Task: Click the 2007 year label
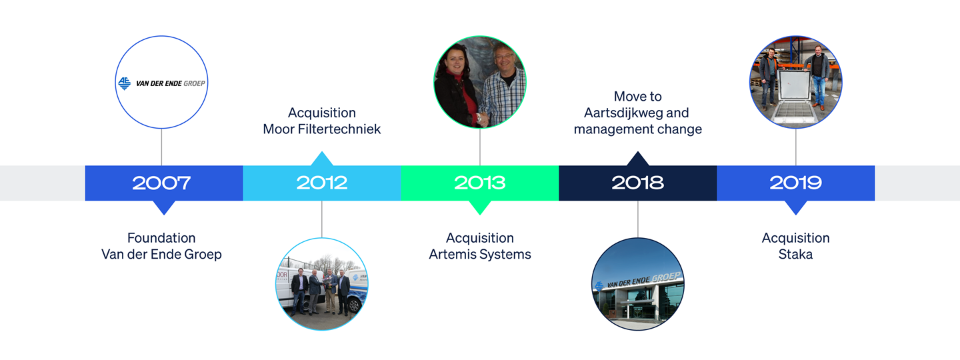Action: point(161,183)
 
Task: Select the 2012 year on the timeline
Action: point(322,183)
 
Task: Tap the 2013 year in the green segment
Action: point(480,183)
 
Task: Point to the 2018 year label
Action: point(638,183)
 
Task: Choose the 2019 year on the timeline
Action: point(796,183)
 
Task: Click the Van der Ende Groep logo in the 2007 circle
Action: point(161,83)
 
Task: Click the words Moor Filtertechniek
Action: point(322,129)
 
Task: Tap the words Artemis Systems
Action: point(480,254)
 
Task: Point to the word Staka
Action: point(795,254)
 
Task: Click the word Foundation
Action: point(161,238)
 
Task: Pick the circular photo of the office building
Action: point(638,284)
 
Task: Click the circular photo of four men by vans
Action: point(322,284)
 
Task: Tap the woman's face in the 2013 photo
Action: point(455,63)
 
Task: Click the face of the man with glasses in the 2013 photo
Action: point(505,61)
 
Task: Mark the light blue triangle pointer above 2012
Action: point(322,159)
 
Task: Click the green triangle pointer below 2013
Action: point(480,207)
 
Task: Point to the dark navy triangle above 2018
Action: point(638,159)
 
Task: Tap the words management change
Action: point(638,129)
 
